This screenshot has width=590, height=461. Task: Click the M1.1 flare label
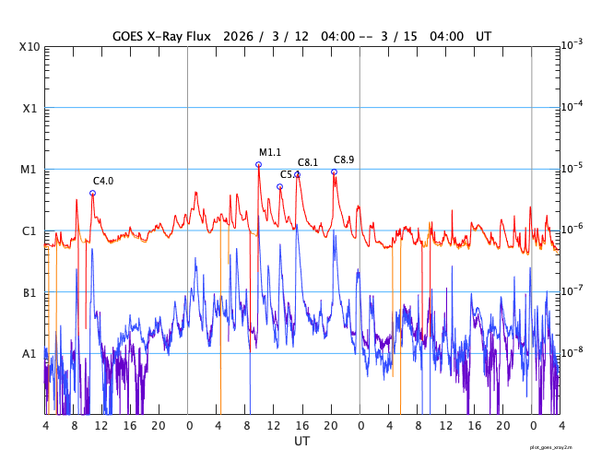pyautogui.click(x=269, y=153)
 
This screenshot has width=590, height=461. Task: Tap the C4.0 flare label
pyautogui.click(x=103, y=181)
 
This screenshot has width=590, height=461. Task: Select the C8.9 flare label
pyautogui.click(x=344, y=160)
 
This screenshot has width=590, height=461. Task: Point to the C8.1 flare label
pyautogui.click(x=308, y=163)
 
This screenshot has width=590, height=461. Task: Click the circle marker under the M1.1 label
pyautogui.click(x=258, y=164)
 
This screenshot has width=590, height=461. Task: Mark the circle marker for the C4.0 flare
pyautogui.click(x=92, y=193)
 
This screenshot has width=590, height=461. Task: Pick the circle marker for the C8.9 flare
pyautogui.click(x=334, y=171)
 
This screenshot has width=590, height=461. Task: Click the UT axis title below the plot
pyautogui.click(x=302, y=442)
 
